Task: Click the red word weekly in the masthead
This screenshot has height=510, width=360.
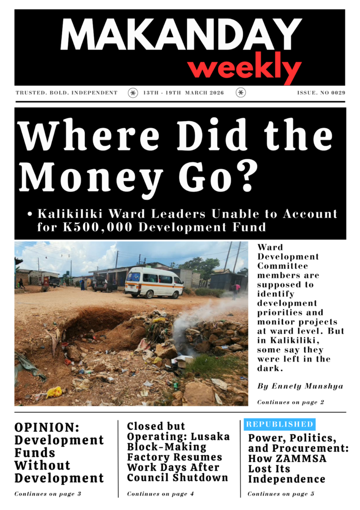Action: point(244,68)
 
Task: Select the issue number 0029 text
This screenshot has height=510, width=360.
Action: point(321,93)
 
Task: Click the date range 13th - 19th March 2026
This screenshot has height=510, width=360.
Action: point(184,93)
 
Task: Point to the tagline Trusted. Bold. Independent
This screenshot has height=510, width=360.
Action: point(67,93)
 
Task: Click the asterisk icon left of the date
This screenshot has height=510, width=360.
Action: point(133,93)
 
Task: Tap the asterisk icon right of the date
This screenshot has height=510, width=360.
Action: point(241,93)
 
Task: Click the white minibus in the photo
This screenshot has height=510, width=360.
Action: point(154,282)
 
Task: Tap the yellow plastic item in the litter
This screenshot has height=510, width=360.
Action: point(54,392)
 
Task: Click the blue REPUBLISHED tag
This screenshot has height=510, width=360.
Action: point(280,424)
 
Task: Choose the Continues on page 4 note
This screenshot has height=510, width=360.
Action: point(160,494)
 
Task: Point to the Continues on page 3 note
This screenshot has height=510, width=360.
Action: point(48,494)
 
